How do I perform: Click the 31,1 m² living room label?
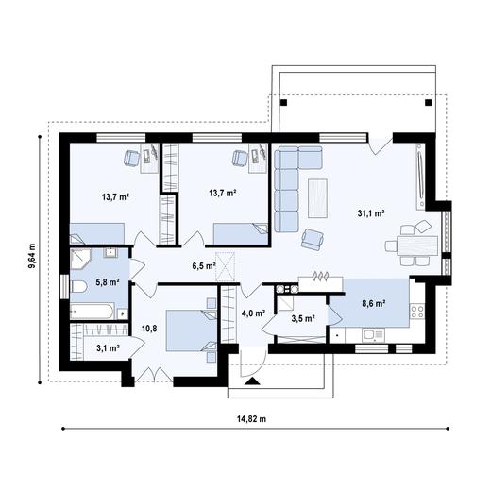point(371,213)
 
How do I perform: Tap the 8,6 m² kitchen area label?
point(374,304)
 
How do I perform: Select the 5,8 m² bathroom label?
point(108,282)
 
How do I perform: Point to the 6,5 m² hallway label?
point(204,266)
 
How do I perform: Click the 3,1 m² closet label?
point(108,348)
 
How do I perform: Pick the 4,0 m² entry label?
point(253,313)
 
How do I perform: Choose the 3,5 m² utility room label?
point(303,319)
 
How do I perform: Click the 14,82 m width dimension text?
point(251,419)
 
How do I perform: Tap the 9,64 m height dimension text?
point(32,256)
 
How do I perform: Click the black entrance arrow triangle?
point(252,381)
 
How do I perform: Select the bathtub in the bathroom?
point(93,311)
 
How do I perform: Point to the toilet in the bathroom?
point(79,287)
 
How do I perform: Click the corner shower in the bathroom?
point(80,259)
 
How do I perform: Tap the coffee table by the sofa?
point(317,198)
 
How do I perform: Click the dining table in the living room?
point(417,245)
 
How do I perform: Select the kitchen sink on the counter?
point(373,334)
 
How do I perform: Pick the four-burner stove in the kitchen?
point(417,312)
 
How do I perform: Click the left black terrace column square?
point(283,103)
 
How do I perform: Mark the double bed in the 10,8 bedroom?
point(191,330)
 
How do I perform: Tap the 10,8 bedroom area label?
point(149,329)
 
